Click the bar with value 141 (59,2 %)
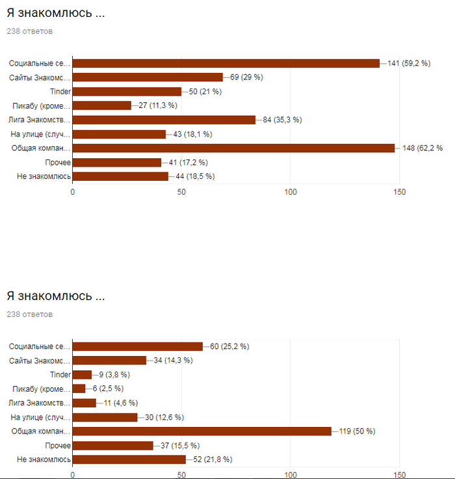coord(226,63)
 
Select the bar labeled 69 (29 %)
coord(148,77)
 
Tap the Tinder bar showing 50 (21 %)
coord(127,92)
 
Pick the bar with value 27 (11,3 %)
coord(102,105)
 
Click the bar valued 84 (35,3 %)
coord(164,120)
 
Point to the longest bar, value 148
coord(233,148)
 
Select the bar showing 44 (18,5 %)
coord(120,176)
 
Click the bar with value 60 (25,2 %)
coord(137,346)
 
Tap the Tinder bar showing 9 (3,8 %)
coord(82,374)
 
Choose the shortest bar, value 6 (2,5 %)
coord(79,389)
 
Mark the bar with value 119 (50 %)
coord(201,431)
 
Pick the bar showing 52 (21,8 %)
coord(129,459)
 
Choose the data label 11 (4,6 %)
coord(119,403)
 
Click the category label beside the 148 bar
coord(41,148)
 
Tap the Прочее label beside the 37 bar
coord(58,445)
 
